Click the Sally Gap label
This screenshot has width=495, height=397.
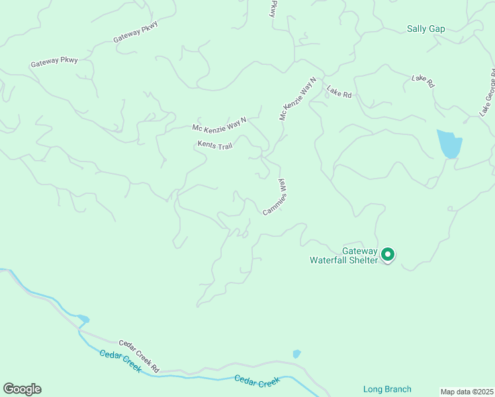[x=426, y=29]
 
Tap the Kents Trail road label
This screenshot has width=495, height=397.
[x=214, y=145]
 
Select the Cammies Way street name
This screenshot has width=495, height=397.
[x=275, y=197]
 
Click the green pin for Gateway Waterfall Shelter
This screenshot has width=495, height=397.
[x=388, y=254]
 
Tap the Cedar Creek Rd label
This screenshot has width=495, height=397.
[x=139, y=356]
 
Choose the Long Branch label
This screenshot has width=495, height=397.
[x=387, y=389]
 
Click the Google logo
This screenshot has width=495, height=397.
[x=22, y=389]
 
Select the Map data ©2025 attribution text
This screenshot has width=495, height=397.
[x=467, y=392]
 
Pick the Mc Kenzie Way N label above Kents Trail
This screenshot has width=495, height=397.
[x=219, y=123]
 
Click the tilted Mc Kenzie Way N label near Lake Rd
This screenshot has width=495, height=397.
[x=298, y=99]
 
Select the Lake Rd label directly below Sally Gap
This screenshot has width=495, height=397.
[x=422, y=81]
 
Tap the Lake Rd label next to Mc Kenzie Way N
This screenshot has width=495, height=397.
[x=339, y=94]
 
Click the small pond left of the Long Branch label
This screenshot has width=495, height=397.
[x=296, y=354]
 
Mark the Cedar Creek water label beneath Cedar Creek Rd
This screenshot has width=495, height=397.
[x=120, y=361]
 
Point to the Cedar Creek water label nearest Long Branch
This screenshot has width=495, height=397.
[x=257, y=382]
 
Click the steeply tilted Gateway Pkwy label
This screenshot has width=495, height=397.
[x=272, y=9]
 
